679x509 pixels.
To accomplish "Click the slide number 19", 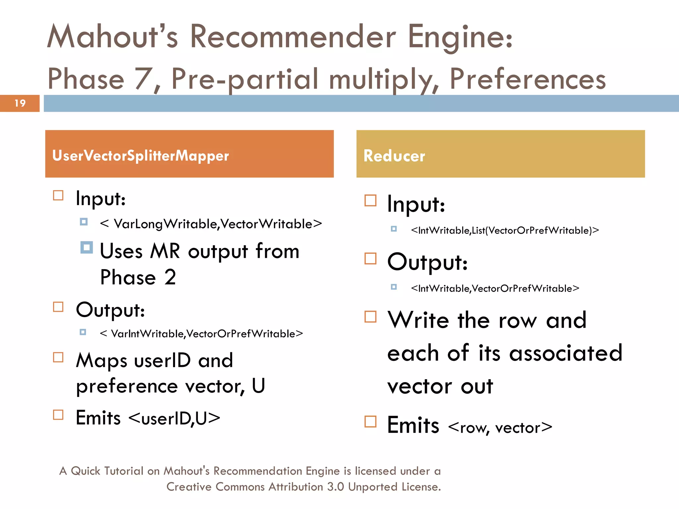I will pyautogui.click(x=20, y=103).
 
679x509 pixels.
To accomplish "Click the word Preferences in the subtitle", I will pyautogui.click(x=527, y=79).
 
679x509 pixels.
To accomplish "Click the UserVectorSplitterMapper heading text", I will pyautogui.click(x=141, y=155).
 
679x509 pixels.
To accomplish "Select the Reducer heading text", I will pyautogui.click(x=394, y=156).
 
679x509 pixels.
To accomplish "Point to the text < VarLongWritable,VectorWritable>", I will pyautogui.click(x=211, y=224).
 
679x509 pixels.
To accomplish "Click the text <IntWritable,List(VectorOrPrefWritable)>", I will pyautogui.click(x=505, y=230).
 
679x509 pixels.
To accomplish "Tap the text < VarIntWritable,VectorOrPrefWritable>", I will pyautogui.click(x=201, y=334).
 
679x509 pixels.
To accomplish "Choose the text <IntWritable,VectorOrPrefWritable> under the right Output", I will pyautogui.click(x=495, y=288).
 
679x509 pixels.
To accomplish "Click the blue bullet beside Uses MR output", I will pyautogui.click(x=87, y=247).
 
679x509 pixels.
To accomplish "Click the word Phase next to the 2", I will pyautogui.click(x=128, y=277).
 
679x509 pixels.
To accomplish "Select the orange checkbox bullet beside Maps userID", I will pyautogui.click(x=58, y=357).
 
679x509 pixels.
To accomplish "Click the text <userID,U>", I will pyautogui.click(x=174, y=418).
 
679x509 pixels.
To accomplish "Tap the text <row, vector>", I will pyautogui.click(x=500, y=427).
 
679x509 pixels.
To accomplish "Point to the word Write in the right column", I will pyautogui.click(x=418, y=320).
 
